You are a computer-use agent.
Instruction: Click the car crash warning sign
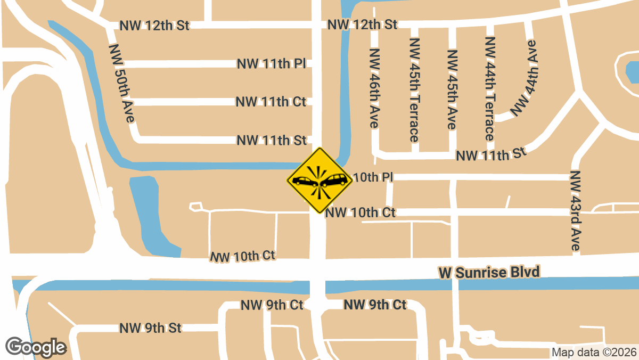(319, 181)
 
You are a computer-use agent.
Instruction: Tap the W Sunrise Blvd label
(489, 272)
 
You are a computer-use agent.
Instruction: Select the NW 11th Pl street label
(271, 64)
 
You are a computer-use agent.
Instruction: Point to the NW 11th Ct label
(271, 101)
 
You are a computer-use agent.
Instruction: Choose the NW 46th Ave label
(374, 88)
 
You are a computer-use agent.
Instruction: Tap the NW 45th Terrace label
(414, 89)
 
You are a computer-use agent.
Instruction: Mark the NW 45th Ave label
(452, 89)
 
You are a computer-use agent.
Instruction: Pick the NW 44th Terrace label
(490, 89)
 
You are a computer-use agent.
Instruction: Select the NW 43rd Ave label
(575, 211)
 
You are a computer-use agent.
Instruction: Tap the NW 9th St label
(151, 328)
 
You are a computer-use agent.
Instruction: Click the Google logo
(36, 347)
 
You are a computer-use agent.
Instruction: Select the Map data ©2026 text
(594, 352)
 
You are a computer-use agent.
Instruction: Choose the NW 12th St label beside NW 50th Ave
(154, 26)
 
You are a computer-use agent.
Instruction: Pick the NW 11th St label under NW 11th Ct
(272, 140)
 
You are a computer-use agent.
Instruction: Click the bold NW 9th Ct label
(375, 305)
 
